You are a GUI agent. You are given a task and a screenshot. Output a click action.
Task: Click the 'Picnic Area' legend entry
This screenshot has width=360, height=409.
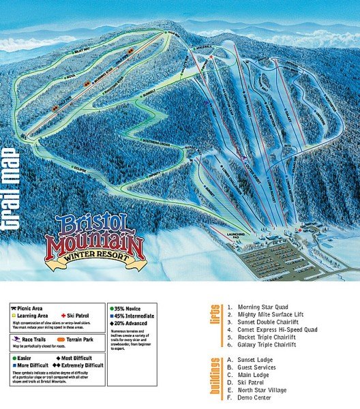[x=31, y=308]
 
